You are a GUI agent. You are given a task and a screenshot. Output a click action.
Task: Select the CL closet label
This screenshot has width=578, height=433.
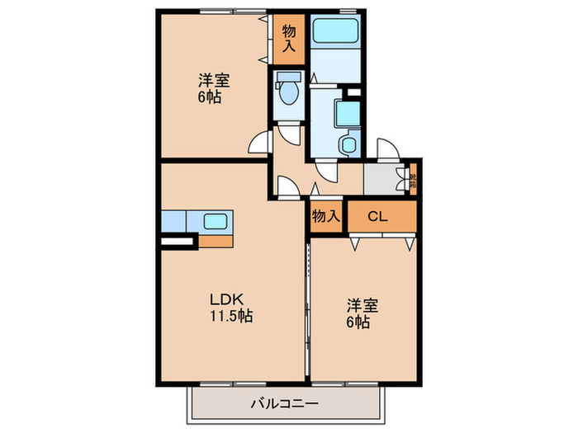[x=377, y=217]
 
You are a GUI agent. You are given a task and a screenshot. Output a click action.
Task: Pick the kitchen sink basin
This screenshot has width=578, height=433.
[x=217, y=221]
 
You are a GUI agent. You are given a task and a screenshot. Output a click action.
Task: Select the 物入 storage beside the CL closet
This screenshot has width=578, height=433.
[x=325, y=217]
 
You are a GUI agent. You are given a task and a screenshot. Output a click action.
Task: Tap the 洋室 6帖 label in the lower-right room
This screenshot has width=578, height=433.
[x=362, y=313]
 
